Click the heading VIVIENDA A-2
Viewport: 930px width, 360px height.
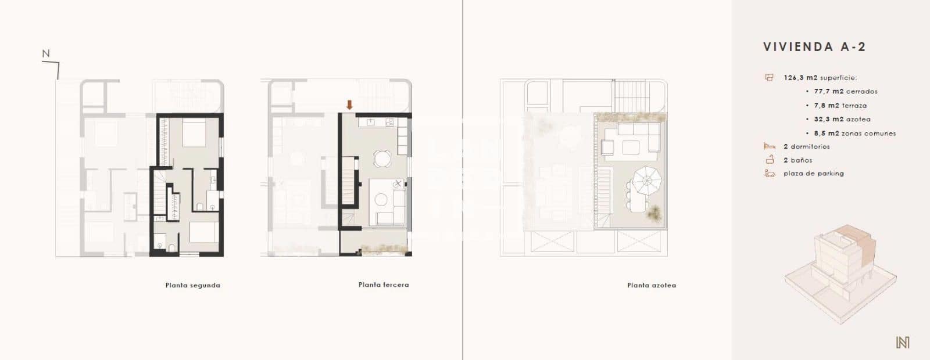(x=814, y=47)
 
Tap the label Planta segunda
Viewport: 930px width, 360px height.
(x=192, y=285)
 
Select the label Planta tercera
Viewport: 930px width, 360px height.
(x=384, y=285)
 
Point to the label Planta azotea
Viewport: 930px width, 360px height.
(x=651, y=285)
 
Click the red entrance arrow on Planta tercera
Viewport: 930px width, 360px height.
(x=349, y=105)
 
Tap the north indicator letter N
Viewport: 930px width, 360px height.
(x=46, y=54)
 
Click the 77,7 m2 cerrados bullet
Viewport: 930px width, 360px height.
(x=846, y=91)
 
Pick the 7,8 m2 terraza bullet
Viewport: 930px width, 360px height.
(x=840, y=106)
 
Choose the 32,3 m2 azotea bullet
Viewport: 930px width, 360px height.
(x=842, y=119)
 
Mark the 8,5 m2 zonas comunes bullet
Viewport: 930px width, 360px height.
(x=854, y=133)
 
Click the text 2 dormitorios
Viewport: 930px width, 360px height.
(x=806, y=146)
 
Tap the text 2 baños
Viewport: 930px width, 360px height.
(x=797, y=160)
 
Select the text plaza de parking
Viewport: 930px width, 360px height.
(x=813, y=173)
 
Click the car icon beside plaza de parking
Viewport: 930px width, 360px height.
(x=770, y=173)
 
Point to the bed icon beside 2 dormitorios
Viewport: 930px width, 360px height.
(x=770, y=146)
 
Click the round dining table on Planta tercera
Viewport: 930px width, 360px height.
(x=382, y=158)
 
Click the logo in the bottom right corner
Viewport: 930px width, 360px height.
(x=902, y=343)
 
